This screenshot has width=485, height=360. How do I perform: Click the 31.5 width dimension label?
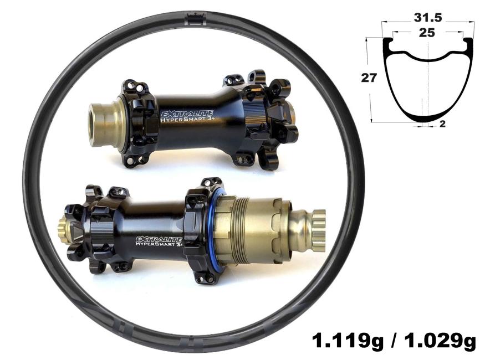point(428,18)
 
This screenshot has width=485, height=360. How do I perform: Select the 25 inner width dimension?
point(427,33)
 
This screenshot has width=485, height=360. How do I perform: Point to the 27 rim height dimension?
point(369,78)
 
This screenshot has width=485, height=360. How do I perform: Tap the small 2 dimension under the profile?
point(443,124)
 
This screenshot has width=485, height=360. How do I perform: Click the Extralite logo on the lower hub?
point(159,239)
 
